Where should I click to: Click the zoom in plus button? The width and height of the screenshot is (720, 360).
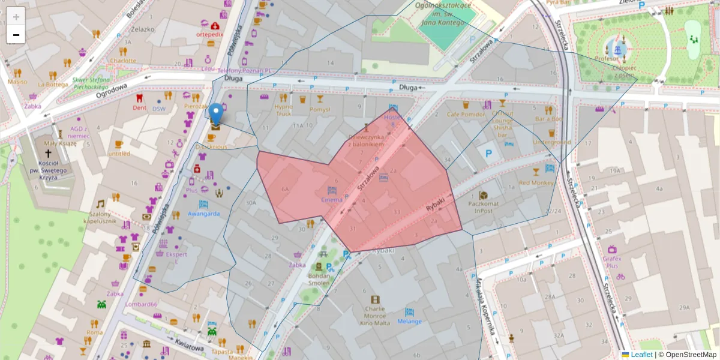tap(16, 16)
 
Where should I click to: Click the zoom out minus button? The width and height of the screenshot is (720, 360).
tap(16, 35)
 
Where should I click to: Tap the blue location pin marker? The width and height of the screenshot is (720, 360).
tap(216, 114)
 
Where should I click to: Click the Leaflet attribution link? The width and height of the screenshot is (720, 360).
tap(641, 355)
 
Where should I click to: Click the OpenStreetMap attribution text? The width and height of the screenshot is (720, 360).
tap(691, 355)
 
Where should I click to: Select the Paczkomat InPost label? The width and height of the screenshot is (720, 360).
tap(484, 206)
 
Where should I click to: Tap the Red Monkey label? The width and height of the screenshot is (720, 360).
tap(536, 182)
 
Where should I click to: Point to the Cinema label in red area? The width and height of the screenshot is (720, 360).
tap(332, 199)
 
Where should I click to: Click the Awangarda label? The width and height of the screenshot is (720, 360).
tap(203, 214)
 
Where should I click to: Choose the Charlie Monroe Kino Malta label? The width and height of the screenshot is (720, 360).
tap(375, 316)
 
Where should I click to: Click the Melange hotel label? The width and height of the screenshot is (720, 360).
tap(409, 322)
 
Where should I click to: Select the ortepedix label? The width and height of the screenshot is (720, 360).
tap(209, 34)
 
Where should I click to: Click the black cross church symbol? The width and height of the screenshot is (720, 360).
tap(47, 146)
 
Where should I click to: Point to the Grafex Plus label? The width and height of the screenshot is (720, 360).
tap(612, 261)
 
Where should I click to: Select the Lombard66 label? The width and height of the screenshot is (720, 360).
tap(142, 304)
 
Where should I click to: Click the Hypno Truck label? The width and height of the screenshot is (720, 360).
tap(283, 110)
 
